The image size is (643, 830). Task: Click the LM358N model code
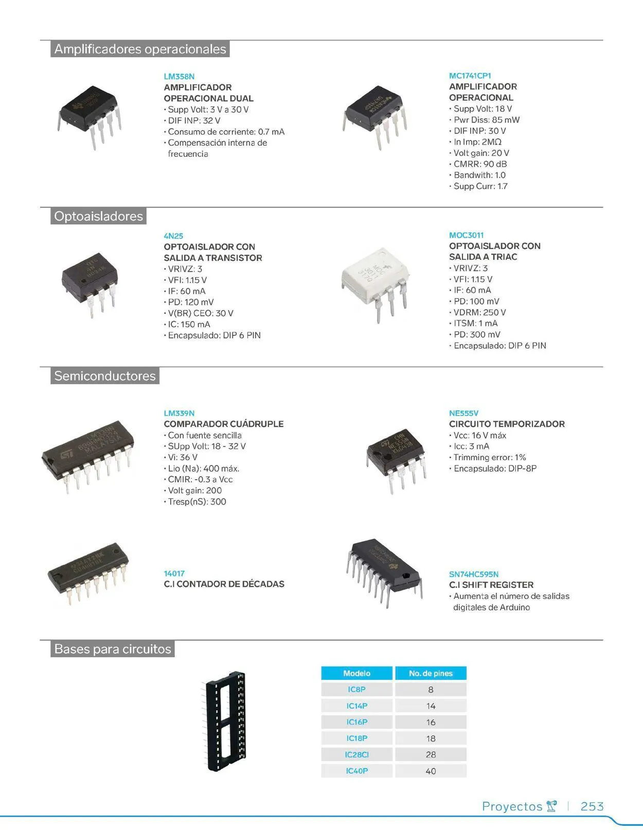click(179, 77)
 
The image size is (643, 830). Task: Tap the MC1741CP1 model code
click(470, 76)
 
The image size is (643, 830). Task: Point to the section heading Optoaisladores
click(98, 216)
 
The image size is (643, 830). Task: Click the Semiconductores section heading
click(105, 376)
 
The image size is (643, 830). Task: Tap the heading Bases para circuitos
click(113, 649)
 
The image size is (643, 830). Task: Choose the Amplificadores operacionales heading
click(140, 49)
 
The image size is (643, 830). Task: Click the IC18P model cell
click(357, 738)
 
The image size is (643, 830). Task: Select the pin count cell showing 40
click(431, 771)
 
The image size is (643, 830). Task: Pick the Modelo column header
click(357, 673)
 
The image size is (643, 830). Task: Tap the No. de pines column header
click(431, 673)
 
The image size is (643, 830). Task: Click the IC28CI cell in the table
click(357, 754)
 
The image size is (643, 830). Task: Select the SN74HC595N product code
click(473, 574)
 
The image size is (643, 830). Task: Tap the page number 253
click(592, 806)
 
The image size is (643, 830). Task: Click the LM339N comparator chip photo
click(88, 453)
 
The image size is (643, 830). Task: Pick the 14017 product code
click(174, 573)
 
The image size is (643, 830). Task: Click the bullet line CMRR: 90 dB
click(479, 164)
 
